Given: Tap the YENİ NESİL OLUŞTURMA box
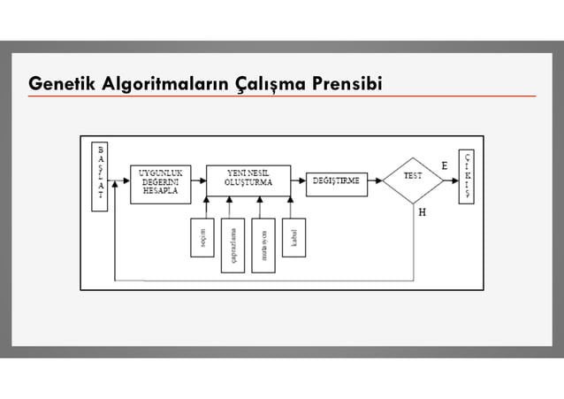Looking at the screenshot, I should (248, 180).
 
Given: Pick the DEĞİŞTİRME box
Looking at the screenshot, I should (337, 180).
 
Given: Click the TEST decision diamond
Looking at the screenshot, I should (413, 180).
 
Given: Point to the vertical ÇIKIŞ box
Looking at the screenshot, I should (466, 176).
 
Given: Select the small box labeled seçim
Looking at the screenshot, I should (202, 237).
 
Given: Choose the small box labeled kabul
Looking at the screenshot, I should (293, 237).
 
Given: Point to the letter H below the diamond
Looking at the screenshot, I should (422, 212).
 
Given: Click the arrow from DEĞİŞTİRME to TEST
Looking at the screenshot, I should (375, 180).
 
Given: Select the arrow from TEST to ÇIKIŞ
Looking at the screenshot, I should (450, 180).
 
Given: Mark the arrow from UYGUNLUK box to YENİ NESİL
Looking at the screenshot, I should (198, 180).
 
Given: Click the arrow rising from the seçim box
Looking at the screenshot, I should (205, 207).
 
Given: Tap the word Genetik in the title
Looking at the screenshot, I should (58, 83).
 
